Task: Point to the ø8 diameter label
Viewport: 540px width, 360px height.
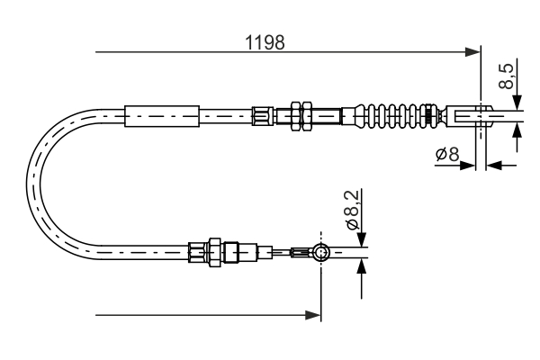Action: (x=447, y=154)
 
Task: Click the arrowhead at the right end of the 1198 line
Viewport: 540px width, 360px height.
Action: (x=473, y=52)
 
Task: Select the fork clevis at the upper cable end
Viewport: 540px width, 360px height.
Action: (x=472, y=114)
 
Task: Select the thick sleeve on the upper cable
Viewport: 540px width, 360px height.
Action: (x=161, y=115)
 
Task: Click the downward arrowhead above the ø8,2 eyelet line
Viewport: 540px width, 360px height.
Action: (x=361, y=238)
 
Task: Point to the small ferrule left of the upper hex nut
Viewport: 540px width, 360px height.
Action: (x=263, y=115)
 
